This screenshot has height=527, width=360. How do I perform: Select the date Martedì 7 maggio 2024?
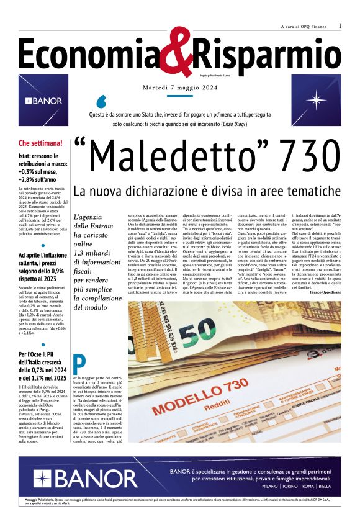pyautogui.click(x=179, y=87)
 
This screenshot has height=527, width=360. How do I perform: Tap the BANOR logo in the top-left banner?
pyautogui.click(x=43, y=101)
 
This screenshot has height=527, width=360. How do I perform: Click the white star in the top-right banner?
pyautogui.click(x=317, y=101)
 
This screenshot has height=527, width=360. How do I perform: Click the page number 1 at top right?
pyautogui.click(x=340, y=25)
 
